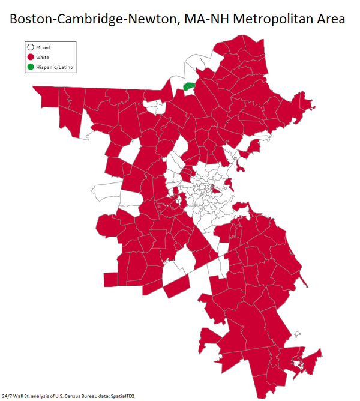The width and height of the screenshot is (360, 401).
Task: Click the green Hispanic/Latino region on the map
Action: point(190,88)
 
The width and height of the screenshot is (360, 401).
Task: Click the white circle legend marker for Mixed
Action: point(30,47)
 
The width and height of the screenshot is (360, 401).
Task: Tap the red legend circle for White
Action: point(30,56)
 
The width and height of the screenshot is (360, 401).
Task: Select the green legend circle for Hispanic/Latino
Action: point(30,66)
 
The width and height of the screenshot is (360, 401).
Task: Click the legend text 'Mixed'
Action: point(43,47)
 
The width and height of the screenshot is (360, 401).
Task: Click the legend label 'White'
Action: point(43,56)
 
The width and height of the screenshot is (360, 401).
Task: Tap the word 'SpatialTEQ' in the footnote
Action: point(122,396)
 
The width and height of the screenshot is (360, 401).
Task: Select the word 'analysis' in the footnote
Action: point(41,396)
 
